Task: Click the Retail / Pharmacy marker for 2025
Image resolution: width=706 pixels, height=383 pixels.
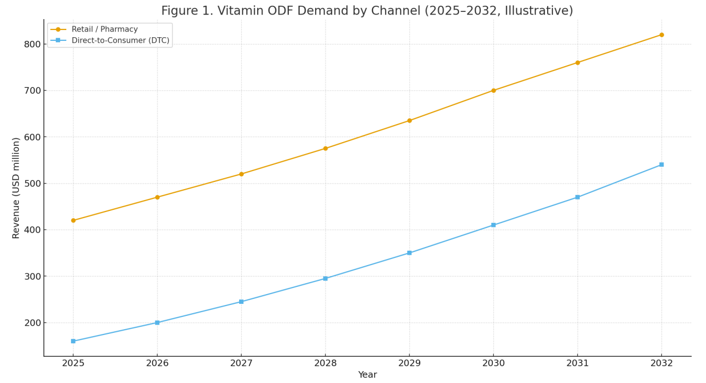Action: tap(73, 220)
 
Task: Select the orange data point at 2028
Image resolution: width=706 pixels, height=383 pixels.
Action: tap(325, 148)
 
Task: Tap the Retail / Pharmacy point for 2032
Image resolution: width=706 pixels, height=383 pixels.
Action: tap(661, 35)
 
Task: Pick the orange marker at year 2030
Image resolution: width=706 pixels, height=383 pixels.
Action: tap(493, 90)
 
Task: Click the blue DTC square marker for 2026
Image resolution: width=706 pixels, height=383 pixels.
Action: tap(157, 323)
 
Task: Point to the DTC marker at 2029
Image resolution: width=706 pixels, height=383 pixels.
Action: tap(409, 253)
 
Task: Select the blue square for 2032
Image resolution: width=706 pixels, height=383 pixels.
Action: tap(661, 164)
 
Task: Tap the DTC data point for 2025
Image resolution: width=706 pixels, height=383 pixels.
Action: tap(73, 341)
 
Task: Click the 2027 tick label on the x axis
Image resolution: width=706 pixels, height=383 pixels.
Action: tap(241, 363)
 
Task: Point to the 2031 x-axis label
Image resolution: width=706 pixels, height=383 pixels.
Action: tap(578, 363)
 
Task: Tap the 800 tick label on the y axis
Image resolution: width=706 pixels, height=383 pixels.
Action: tap(32, 44)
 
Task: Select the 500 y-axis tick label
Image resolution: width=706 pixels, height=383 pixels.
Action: tap(32, 183)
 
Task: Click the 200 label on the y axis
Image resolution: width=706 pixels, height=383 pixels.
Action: tap(32, 323)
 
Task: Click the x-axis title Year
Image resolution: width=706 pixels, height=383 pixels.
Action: tap(367, 375)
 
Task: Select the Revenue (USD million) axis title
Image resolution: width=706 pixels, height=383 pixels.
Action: tap(16, 188)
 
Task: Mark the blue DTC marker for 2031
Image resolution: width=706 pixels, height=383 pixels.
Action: tap(578, 197)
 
